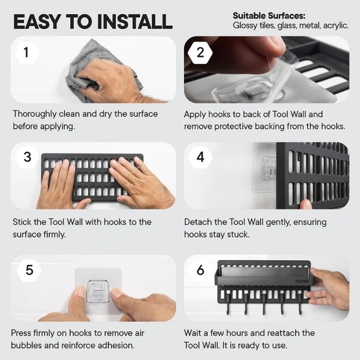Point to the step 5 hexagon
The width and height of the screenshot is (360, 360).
coord(29,269)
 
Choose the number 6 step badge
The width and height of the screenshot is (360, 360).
coord(200,269)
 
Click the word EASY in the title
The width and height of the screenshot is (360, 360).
coord(37,22)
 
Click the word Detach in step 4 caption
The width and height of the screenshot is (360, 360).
coord(198,223)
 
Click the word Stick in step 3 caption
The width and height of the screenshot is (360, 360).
coord(23,222)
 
